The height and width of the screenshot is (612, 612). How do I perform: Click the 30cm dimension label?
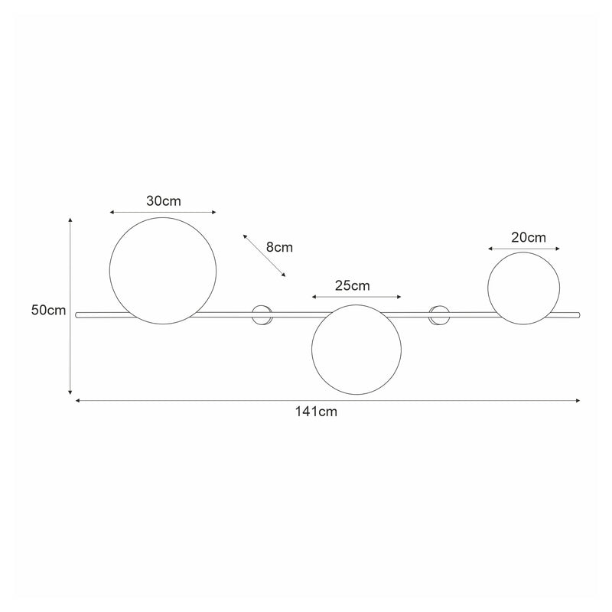tap(163, 201)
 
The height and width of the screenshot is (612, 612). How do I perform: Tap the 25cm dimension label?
tap(352, 285)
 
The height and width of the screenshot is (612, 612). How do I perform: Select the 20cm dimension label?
tap(528, 237)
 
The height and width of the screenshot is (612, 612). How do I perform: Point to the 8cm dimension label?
tap(279, 247)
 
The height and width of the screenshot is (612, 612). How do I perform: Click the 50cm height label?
tap(48, 310)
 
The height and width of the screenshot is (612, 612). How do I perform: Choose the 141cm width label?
tap(316, 412)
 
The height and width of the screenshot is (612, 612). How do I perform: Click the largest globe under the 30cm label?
tap(163, 270)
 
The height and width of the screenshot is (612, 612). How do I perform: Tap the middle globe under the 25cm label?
tap(356, 350)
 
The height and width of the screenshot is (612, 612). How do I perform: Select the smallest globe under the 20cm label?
tap(524, 287)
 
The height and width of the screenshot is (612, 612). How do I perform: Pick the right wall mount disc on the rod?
tap(440, 314)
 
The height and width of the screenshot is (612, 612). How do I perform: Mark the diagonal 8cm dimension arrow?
tap(264, 255)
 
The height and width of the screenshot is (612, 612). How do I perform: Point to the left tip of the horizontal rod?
tap(77, 313)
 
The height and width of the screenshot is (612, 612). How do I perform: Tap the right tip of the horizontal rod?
tap(579, 313)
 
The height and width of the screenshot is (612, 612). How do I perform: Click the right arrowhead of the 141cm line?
tap(578, 399)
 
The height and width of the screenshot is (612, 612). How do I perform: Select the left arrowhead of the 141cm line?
tap(77, 399)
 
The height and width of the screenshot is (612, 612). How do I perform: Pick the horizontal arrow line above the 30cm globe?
tap(163, 212)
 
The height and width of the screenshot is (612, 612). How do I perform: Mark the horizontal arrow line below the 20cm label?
tap(524, 249)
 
